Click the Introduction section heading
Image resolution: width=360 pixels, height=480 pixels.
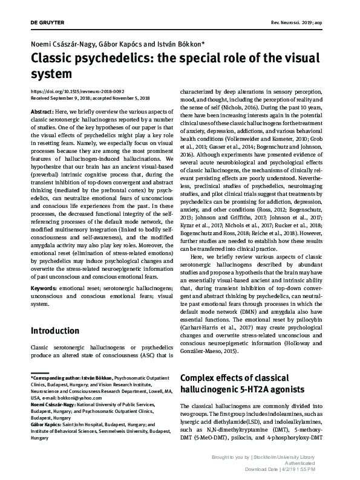[x=54, y=331]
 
